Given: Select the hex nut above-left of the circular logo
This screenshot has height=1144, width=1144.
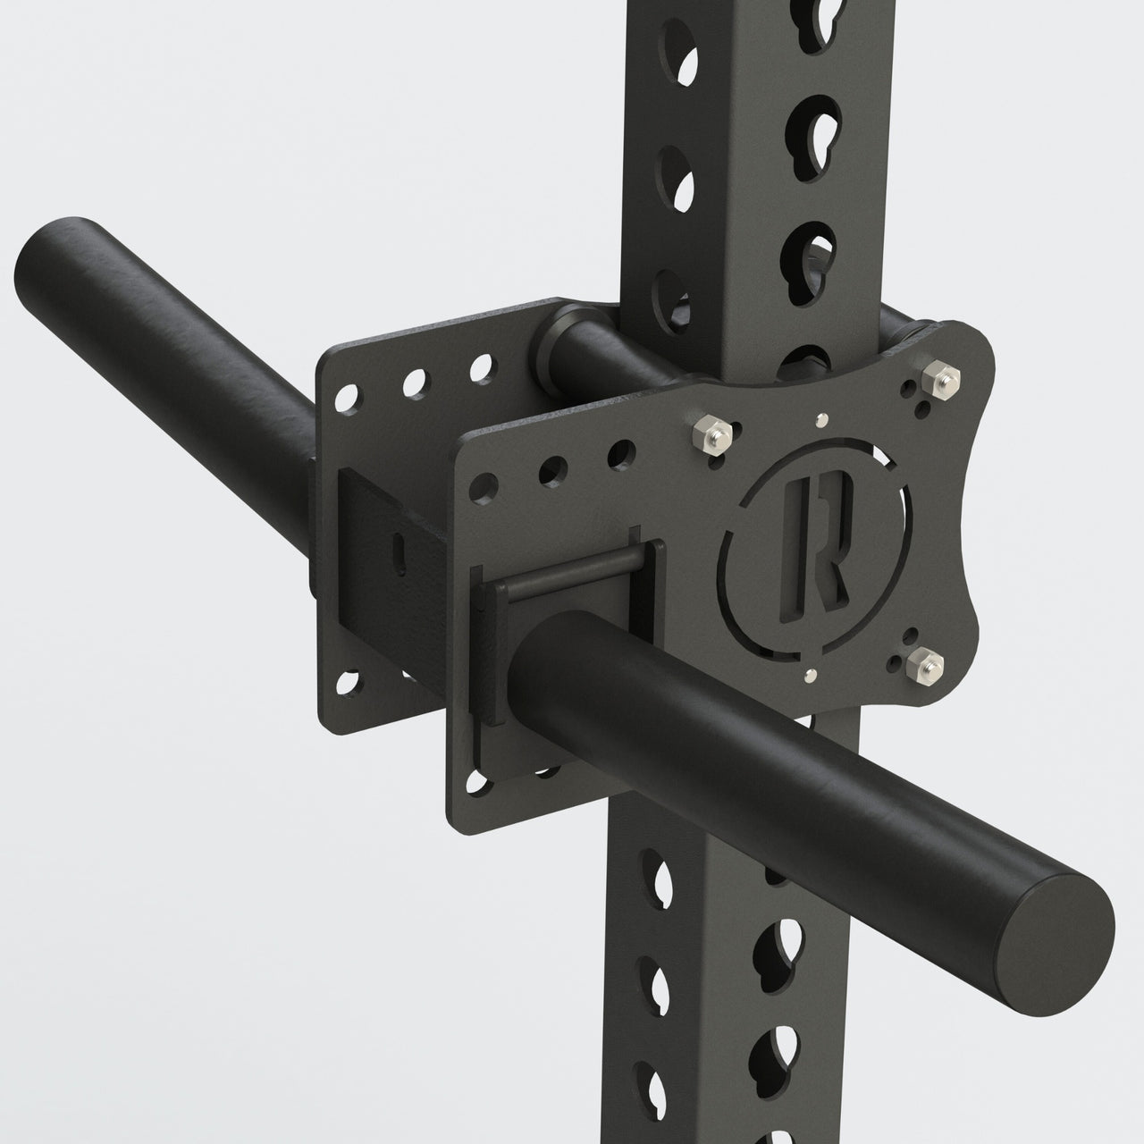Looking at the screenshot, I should [x=713, y=434].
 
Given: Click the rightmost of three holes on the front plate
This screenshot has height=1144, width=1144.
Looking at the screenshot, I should [x=617, y=454].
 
